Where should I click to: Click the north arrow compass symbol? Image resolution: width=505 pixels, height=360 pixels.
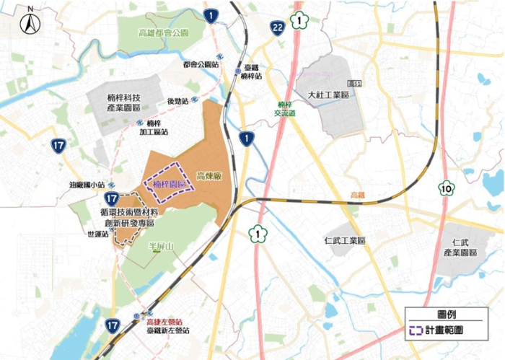click(29, 22)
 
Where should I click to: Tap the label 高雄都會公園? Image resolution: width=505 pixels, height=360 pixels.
click(164, 33)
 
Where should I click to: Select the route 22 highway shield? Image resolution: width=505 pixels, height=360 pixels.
click(278, 27)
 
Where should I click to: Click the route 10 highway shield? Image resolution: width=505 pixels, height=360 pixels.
click(447, 188)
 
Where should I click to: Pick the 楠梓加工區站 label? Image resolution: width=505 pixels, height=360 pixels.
click(155, 128)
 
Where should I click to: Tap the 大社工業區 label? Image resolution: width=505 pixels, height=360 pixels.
click(328, 95)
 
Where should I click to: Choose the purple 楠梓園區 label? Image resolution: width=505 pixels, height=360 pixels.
click(170, 185)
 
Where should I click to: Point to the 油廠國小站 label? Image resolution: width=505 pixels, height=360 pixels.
click(87, 185)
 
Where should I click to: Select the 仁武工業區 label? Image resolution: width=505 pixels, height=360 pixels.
click(344, 240)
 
